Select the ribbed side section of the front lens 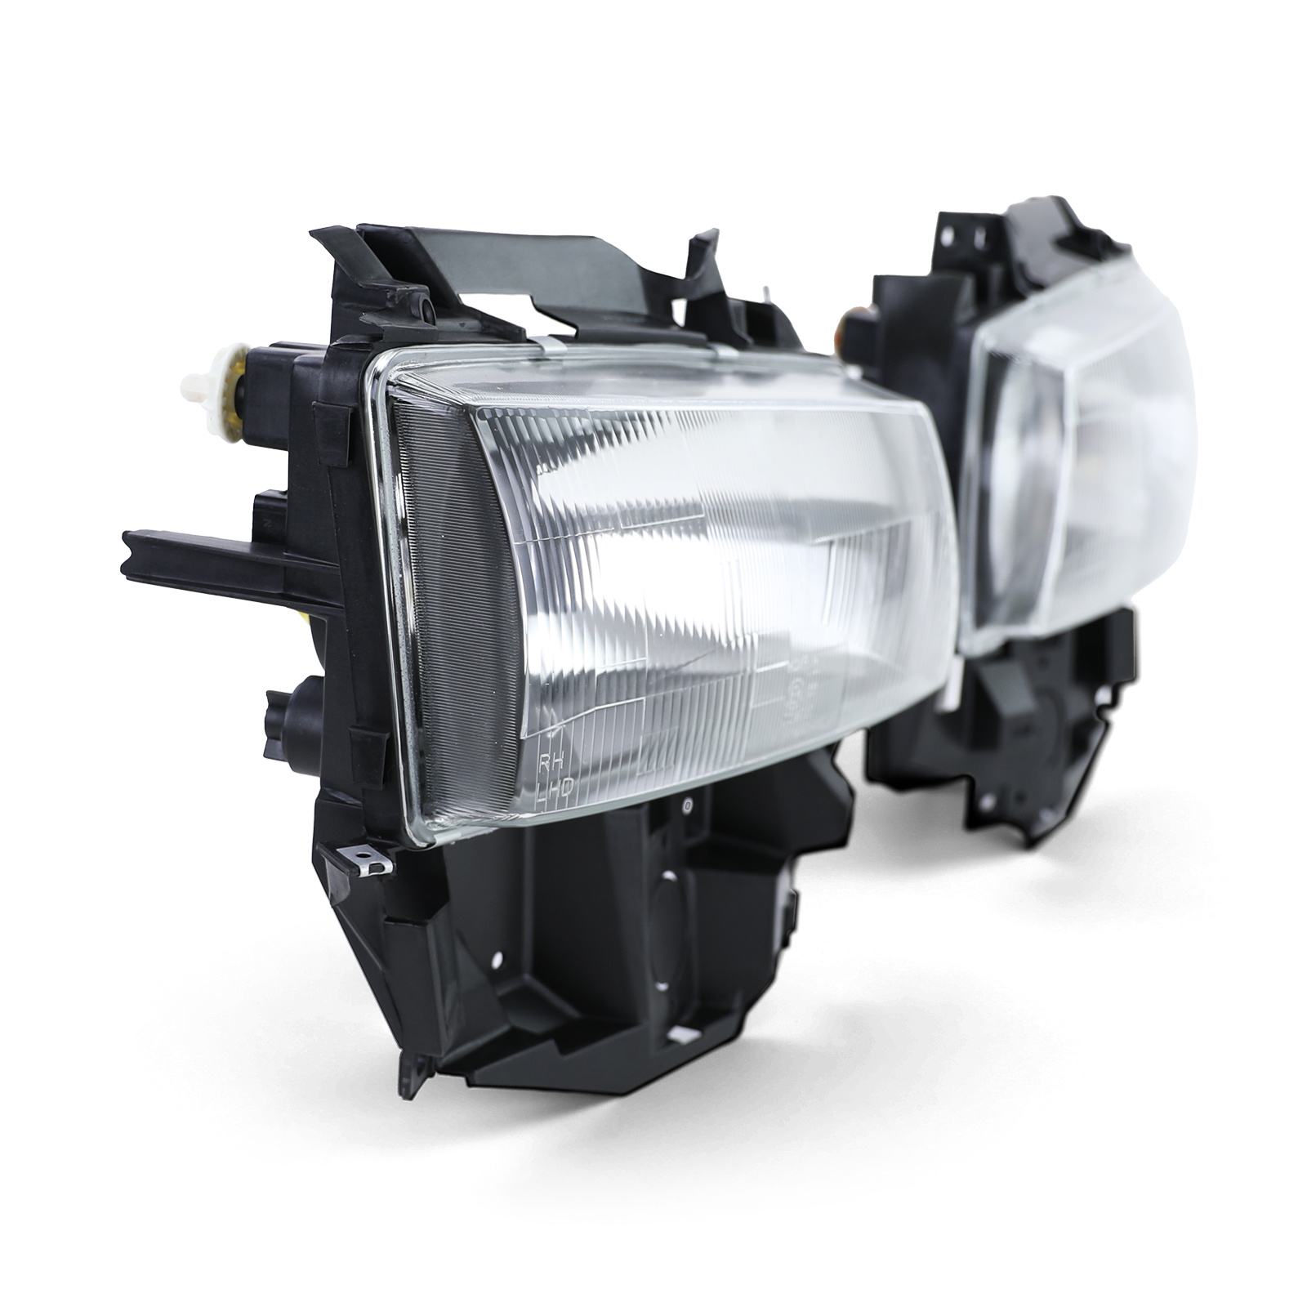(453, 588)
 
